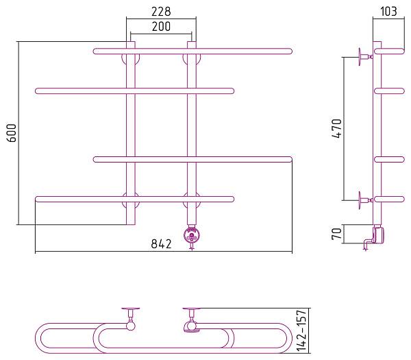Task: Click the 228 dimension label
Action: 161,12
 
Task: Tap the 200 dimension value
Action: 161,27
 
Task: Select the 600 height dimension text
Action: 12,133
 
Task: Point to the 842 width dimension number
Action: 161,244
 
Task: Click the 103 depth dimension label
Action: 388,11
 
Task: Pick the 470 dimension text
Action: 337,129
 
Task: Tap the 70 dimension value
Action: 337,234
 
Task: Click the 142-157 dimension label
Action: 301,331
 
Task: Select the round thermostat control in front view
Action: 192,235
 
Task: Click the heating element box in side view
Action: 379,235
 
